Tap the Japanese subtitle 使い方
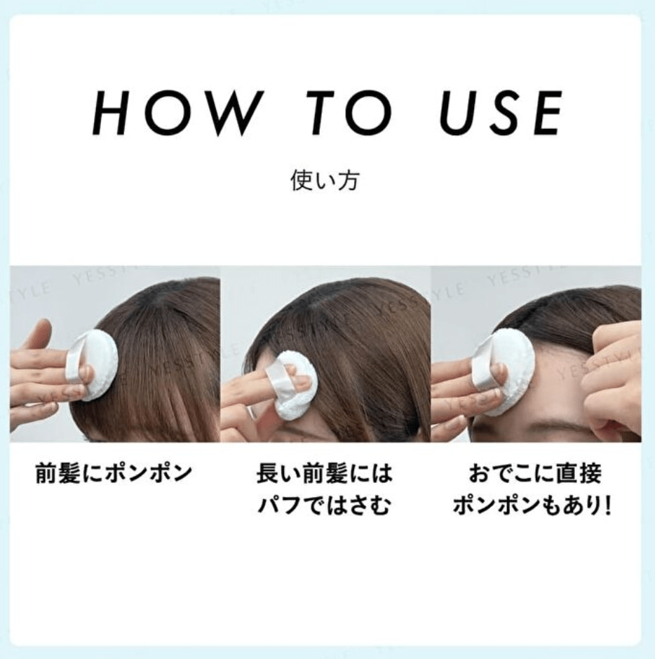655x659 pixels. click(325, 181)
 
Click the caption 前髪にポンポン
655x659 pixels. click(114, 473)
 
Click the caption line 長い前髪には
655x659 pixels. click(324, 473)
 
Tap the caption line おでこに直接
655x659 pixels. click(535, 473)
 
